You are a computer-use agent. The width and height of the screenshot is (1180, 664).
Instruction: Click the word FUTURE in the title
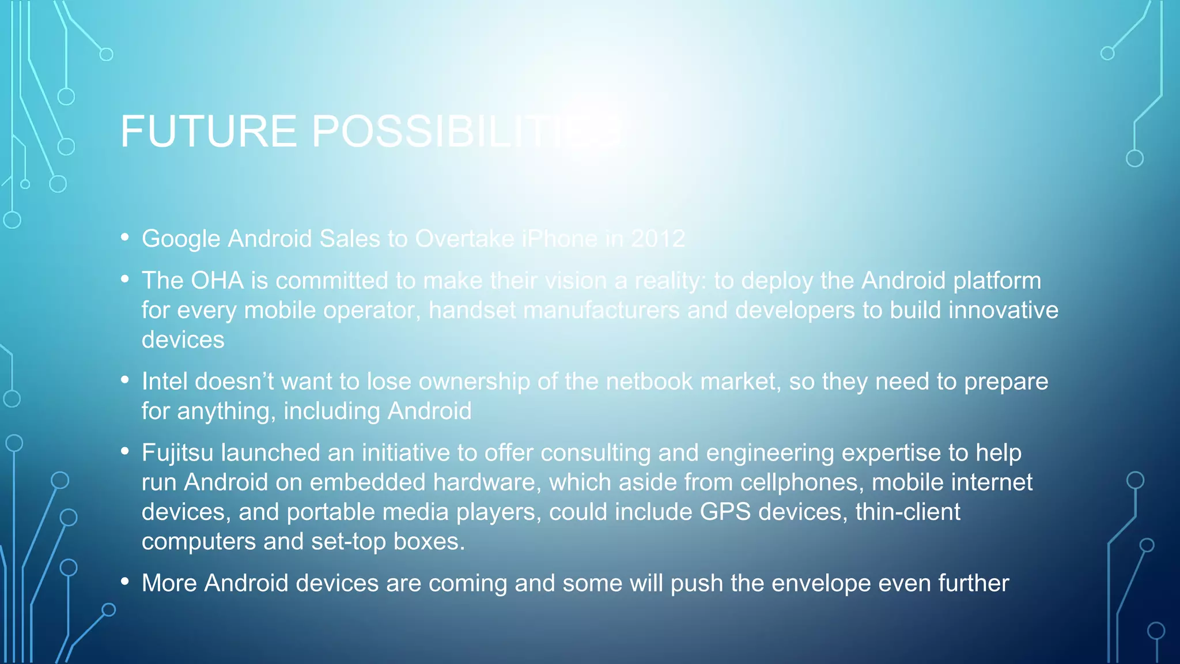pos(208,131)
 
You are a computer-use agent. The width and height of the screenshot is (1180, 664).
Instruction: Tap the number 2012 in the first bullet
pos(658,239)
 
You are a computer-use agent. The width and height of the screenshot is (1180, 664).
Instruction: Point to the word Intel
pos(165,382)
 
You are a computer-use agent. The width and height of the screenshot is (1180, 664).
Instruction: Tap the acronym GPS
pos(725,512)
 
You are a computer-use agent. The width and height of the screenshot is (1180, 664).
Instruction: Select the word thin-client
pos(907,512)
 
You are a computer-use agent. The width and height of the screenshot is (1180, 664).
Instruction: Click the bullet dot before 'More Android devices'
pos(125,582)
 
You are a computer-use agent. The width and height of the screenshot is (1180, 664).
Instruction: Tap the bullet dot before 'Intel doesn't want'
pos(125,380)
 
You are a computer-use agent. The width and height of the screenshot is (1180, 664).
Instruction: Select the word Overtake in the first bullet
pos(464,239)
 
